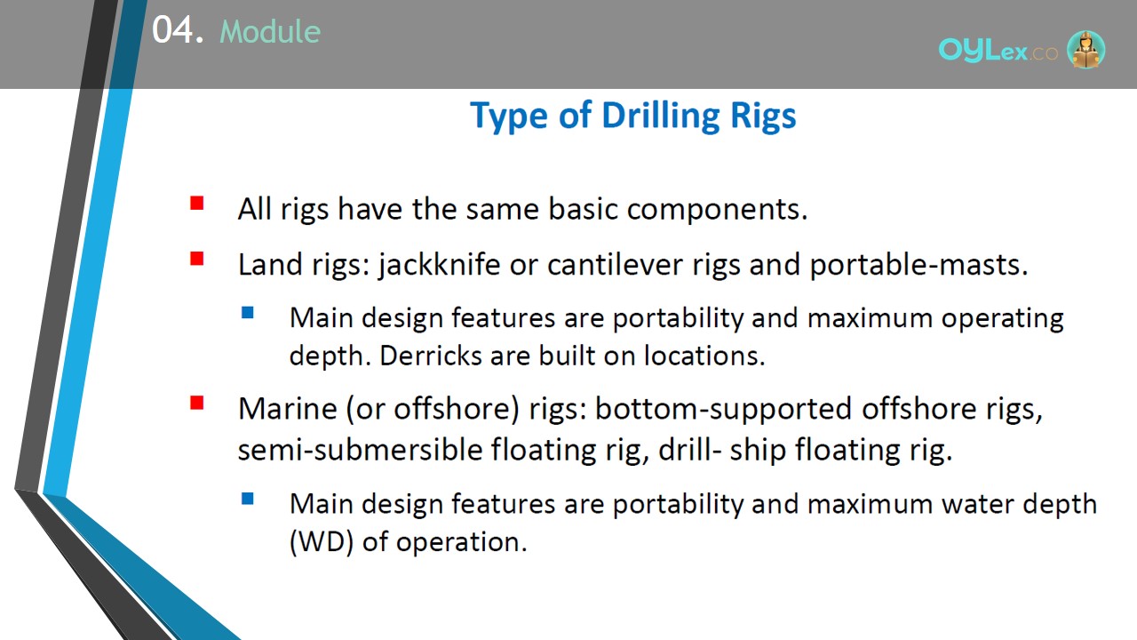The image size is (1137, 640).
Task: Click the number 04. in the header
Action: pyautogui.click(x=178, y=30)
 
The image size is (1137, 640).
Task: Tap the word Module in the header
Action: pyautogui.click(x=270, y=31)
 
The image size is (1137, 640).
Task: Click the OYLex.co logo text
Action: pyautogui.click(x=998, y=51)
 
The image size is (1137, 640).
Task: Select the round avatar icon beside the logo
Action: pyautogui.click(x=1085, y=50)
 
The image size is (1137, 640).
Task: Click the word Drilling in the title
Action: pyautogui.click(x=660, y=116)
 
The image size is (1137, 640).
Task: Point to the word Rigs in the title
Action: pyautogui.click(x=763, y=116)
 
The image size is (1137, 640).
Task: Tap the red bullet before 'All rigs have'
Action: pyautogui.click(x=197, y=204)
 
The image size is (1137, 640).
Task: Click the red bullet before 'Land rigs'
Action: pyautogui.click(x=197, y=259)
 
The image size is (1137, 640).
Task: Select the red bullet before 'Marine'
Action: pyautogui.click(x=197, y=403)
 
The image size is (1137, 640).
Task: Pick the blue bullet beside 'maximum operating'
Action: pyautogui.click(x=248, y=312)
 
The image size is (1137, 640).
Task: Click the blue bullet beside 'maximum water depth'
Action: pyautogui.click(x=248, y=499)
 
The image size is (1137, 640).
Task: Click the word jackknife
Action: pyautogui.click(x=439, y=265)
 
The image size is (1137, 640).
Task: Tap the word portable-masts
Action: pyautogui.click(x=918, y=265)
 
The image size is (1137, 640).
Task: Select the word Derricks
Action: pyautogui.click(x=431, y=355)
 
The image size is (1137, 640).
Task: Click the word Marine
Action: pyautogui.click(x=288, y=408)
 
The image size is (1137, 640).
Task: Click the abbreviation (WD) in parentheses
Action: pyautogui.click(x=322, y=542)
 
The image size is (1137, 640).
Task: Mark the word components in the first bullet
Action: pyautogui.click(x=717, y=210)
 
